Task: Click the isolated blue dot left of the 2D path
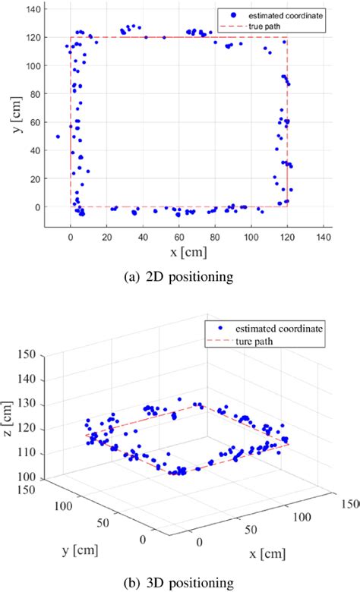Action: (58, 137)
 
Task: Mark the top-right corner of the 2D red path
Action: (287, 38)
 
